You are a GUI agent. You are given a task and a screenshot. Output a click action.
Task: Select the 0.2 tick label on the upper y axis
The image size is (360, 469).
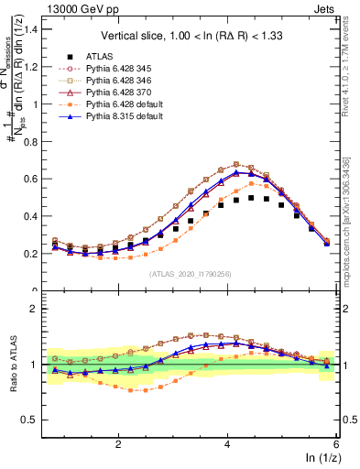34,254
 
